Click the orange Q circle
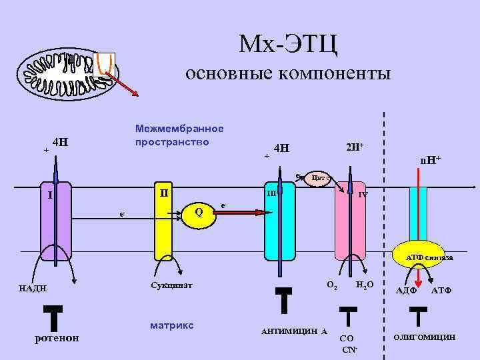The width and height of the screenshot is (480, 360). [199, 212]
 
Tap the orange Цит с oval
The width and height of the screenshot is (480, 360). [318, 178]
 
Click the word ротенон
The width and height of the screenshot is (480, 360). [56, 337]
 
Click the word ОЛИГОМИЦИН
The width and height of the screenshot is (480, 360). [425, 337]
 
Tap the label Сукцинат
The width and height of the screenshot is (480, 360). [171, 285]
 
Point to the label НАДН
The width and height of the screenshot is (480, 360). [33, 288]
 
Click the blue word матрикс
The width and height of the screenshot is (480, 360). [172, 325]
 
